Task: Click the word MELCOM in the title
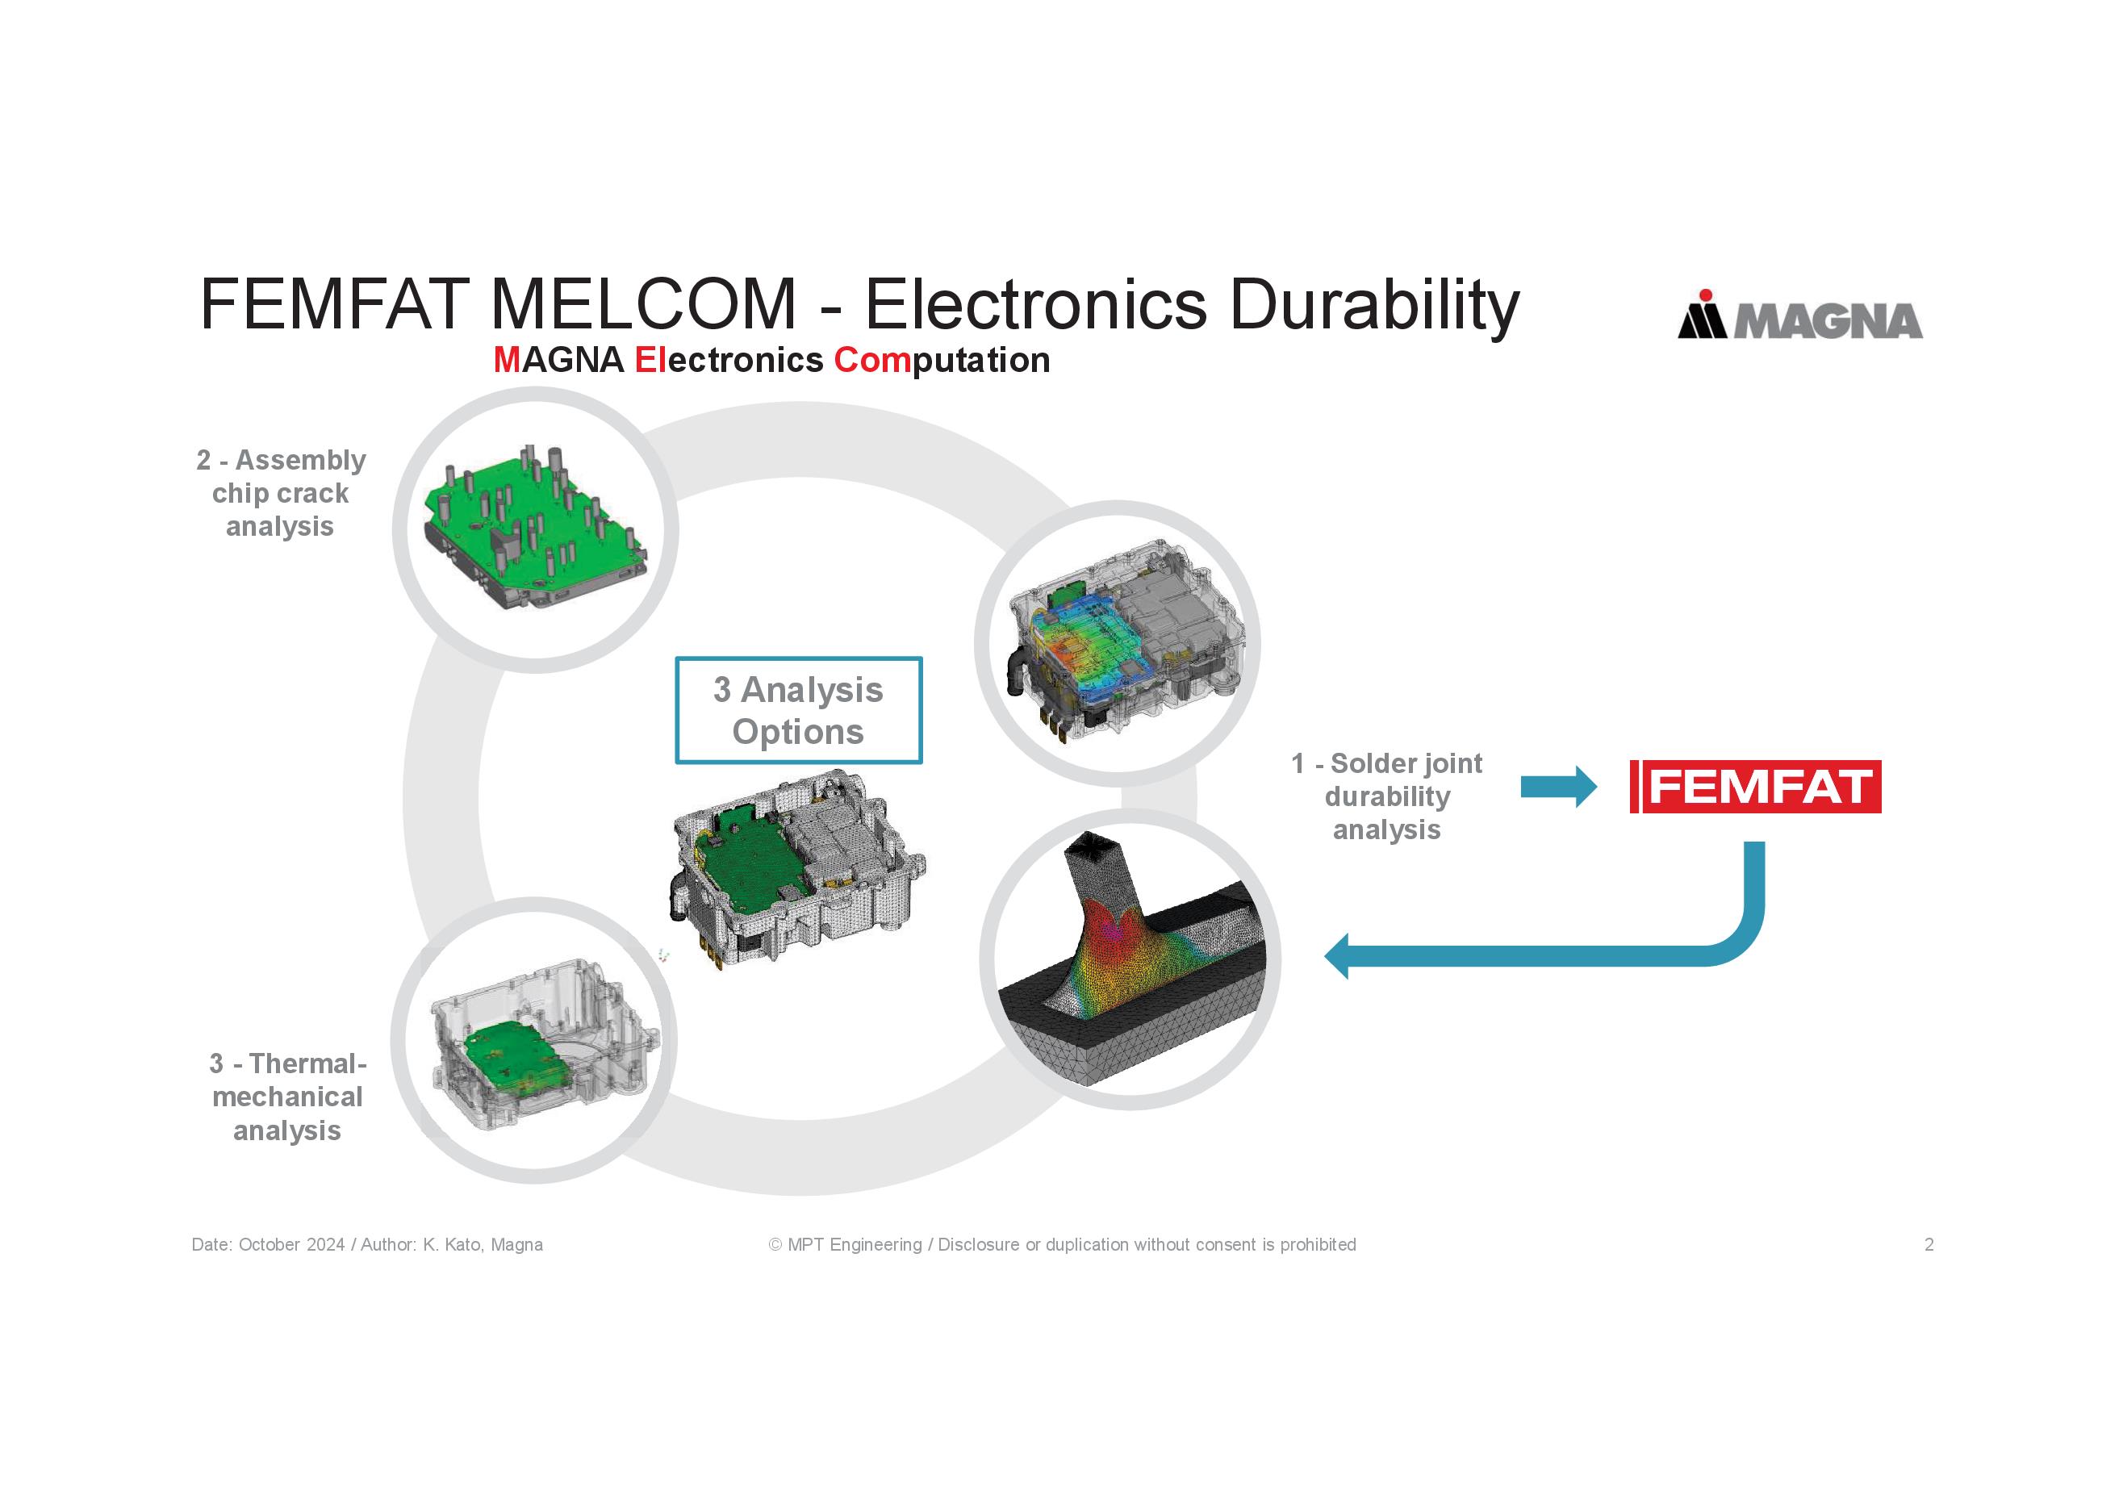[x=642, y=304]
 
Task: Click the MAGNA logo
[x=1799, y=317]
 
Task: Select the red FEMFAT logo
[x=1755, y=787]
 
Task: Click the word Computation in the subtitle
[x=942, y=360]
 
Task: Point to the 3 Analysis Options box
[x=798, y=710]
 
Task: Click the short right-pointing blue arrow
[x=1558, y=787]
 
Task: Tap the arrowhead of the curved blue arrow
[x=1338, y=955]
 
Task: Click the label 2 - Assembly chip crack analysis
[x=280, y=493]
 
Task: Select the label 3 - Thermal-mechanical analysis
[x=286, y=1097]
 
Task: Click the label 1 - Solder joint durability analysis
[x=1386, y=796]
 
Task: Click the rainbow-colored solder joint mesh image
[x=1129, y=959]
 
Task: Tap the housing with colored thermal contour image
[x=1117, y=644]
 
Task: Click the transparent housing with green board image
[x=534, y=1039]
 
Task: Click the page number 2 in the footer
[x=1929, y=1245]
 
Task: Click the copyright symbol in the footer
[x=775, y=1245]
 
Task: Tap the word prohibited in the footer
[x=1318, y=1245]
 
